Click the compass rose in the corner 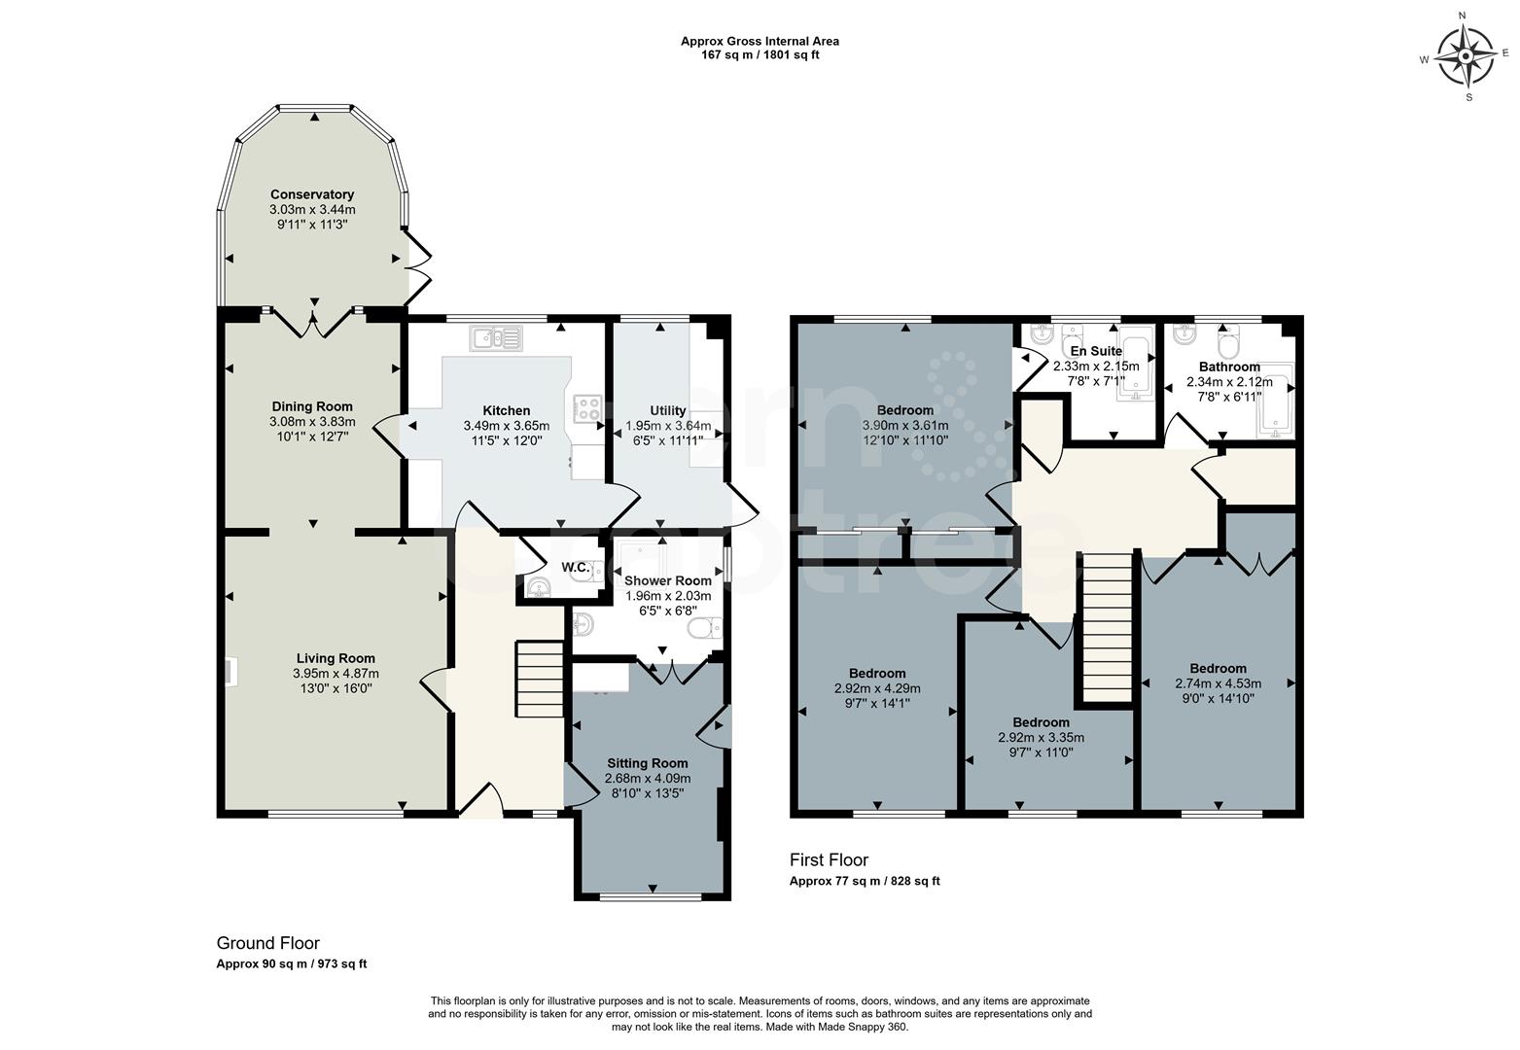(1467, 56)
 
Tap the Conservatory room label (312, 194)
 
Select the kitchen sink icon (496, 338)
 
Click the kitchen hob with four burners (588, 408)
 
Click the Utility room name (667, 411)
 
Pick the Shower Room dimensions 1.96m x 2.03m (667, 596)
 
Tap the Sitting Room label (647, 763)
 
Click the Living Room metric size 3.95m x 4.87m (336, 673)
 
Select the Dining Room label (312, 406)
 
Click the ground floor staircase (539, 679)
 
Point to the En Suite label (1096, 351)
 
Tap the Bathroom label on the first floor (1229, 367)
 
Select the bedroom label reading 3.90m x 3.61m (904, 425)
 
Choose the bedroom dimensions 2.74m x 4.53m (1218, 683)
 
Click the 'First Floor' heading (828, 860)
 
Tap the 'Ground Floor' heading (267, 943)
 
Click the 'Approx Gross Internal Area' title (760, 41)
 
